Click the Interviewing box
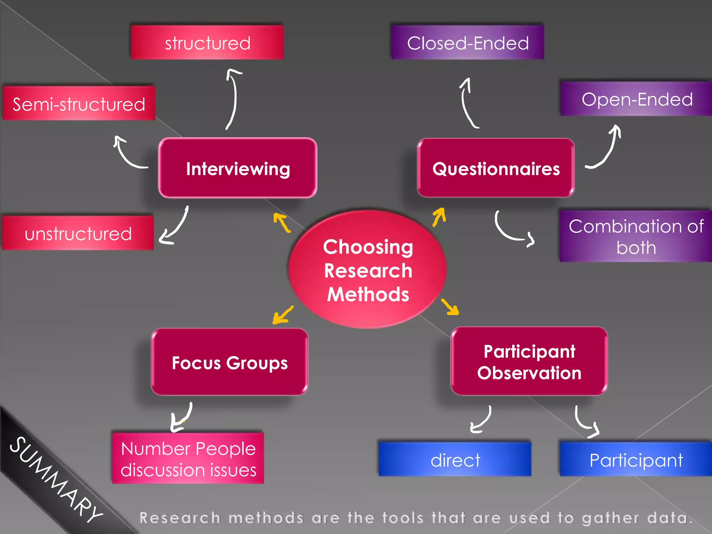click(x=238, y=169)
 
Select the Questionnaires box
click(x=496, y=169)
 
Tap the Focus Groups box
click(x=229, y=363)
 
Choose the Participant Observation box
click(x=529, y=362)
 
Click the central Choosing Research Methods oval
click(x=368, y=270)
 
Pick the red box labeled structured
click(x=207, y=43)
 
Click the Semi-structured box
click(x=79, y=104)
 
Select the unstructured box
click(x=78, y=233)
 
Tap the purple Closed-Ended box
click(x=468, y=43)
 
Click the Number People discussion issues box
click(x=188, y=459)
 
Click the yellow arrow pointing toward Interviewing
click(x=282, y=222)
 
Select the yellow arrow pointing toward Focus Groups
click(x=283, y=315)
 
